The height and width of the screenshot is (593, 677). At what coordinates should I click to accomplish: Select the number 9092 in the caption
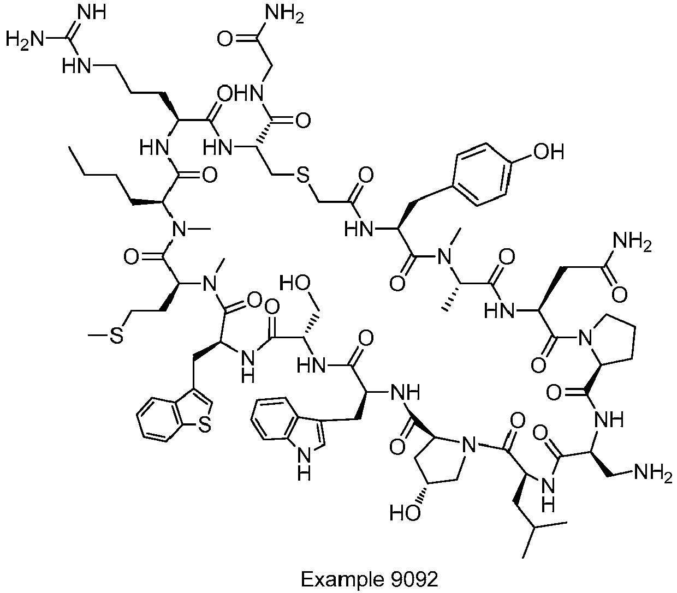point(414,579)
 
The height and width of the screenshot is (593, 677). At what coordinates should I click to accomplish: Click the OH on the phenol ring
point(548,152)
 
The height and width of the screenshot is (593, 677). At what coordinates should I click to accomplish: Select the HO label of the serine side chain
point(294,284)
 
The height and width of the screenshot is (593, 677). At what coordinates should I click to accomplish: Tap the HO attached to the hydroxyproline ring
point(405,512)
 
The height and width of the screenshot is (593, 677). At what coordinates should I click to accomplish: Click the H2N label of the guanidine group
point(25,40)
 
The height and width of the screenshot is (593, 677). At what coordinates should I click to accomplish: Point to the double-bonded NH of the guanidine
point(92,13)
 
